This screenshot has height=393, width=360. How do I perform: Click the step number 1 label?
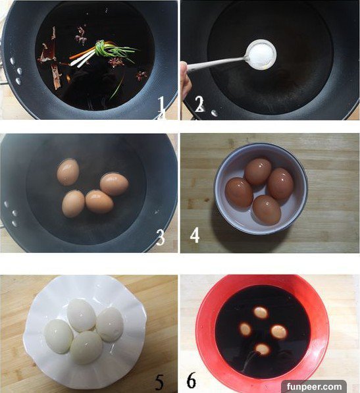point(161,105)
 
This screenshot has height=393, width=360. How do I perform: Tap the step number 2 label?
point(199,104)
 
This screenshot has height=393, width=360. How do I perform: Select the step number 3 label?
point(160,238)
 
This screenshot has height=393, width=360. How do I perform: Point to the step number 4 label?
point(195,235)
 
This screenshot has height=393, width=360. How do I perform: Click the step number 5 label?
point(159,382)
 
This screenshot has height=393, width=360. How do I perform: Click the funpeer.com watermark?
point(314,386)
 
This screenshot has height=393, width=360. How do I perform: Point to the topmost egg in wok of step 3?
point(68,172)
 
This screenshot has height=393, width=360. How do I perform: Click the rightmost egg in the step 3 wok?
point(115,184)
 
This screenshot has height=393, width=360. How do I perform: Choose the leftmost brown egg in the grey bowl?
point(239,193)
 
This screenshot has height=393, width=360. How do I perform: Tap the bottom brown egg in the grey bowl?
point(267,210)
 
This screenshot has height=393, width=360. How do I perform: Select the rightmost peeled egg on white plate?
point(110,325)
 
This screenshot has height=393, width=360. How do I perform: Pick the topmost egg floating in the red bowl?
point(261,312)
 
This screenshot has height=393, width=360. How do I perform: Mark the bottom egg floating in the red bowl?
point(263,349)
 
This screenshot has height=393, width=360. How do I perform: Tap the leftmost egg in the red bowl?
point(245,329)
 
